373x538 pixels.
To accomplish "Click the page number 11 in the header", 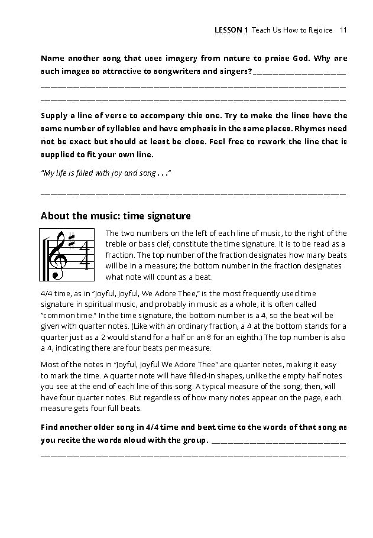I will click(x=343, y=30).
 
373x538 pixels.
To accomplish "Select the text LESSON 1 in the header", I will click(x=232, y=30).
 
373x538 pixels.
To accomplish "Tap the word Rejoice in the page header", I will click(x=320, y=30).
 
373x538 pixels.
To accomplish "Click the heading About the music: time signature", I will click(x=115, y=216).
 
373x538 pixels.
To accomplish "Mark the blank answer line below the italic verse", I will click(x=193, y=193).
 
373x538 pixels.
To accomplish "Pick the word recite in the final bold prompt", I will click(x=80, y=440).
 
